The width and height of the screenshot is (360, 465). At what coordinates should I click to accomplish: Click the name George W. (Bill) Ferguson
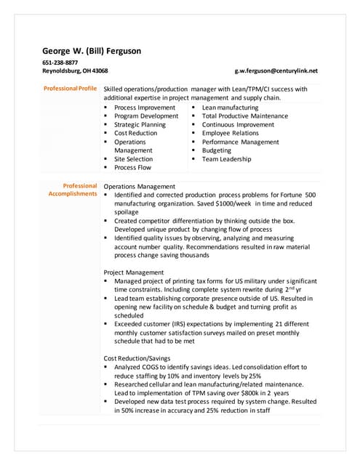click(x=92, y=51)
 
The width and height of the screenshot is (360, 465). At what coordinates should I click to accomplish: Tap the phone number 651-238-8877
click(x=60, y=62)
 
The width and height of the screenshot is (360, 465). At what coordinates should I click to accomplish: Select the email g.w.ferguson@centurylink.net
click(x=276, y=71)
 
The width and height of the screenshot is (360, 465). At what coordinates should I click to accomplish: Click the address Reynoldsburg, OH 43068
click(x=75, y=71)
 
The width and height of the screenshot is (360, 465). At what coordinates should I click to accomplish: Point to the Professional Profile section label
click(x=70, y=89)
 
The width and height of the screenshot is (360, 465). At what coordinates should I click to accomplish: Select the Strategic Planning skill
click(x=140, y=125)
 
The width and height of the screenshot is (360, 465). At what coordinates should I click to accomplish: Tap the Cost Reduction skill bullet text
click(x=135, y=133)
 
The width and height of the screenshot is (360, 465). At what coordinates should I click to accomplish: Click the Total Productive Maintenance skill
click(x=244, y=116)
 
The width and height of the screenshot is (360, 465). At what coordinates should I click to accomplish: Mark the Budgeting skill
click(x=217, y=150)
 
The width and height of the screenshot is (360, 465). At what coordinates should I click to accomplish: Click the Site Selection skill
click(x=133, y=159)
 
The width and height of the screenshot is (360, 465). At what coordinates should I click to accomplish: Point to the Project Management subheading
click(x=134, y=272)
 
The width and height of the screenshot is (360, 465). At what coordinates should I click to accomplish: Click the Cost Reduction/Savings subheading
click(x=137, y=359)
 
